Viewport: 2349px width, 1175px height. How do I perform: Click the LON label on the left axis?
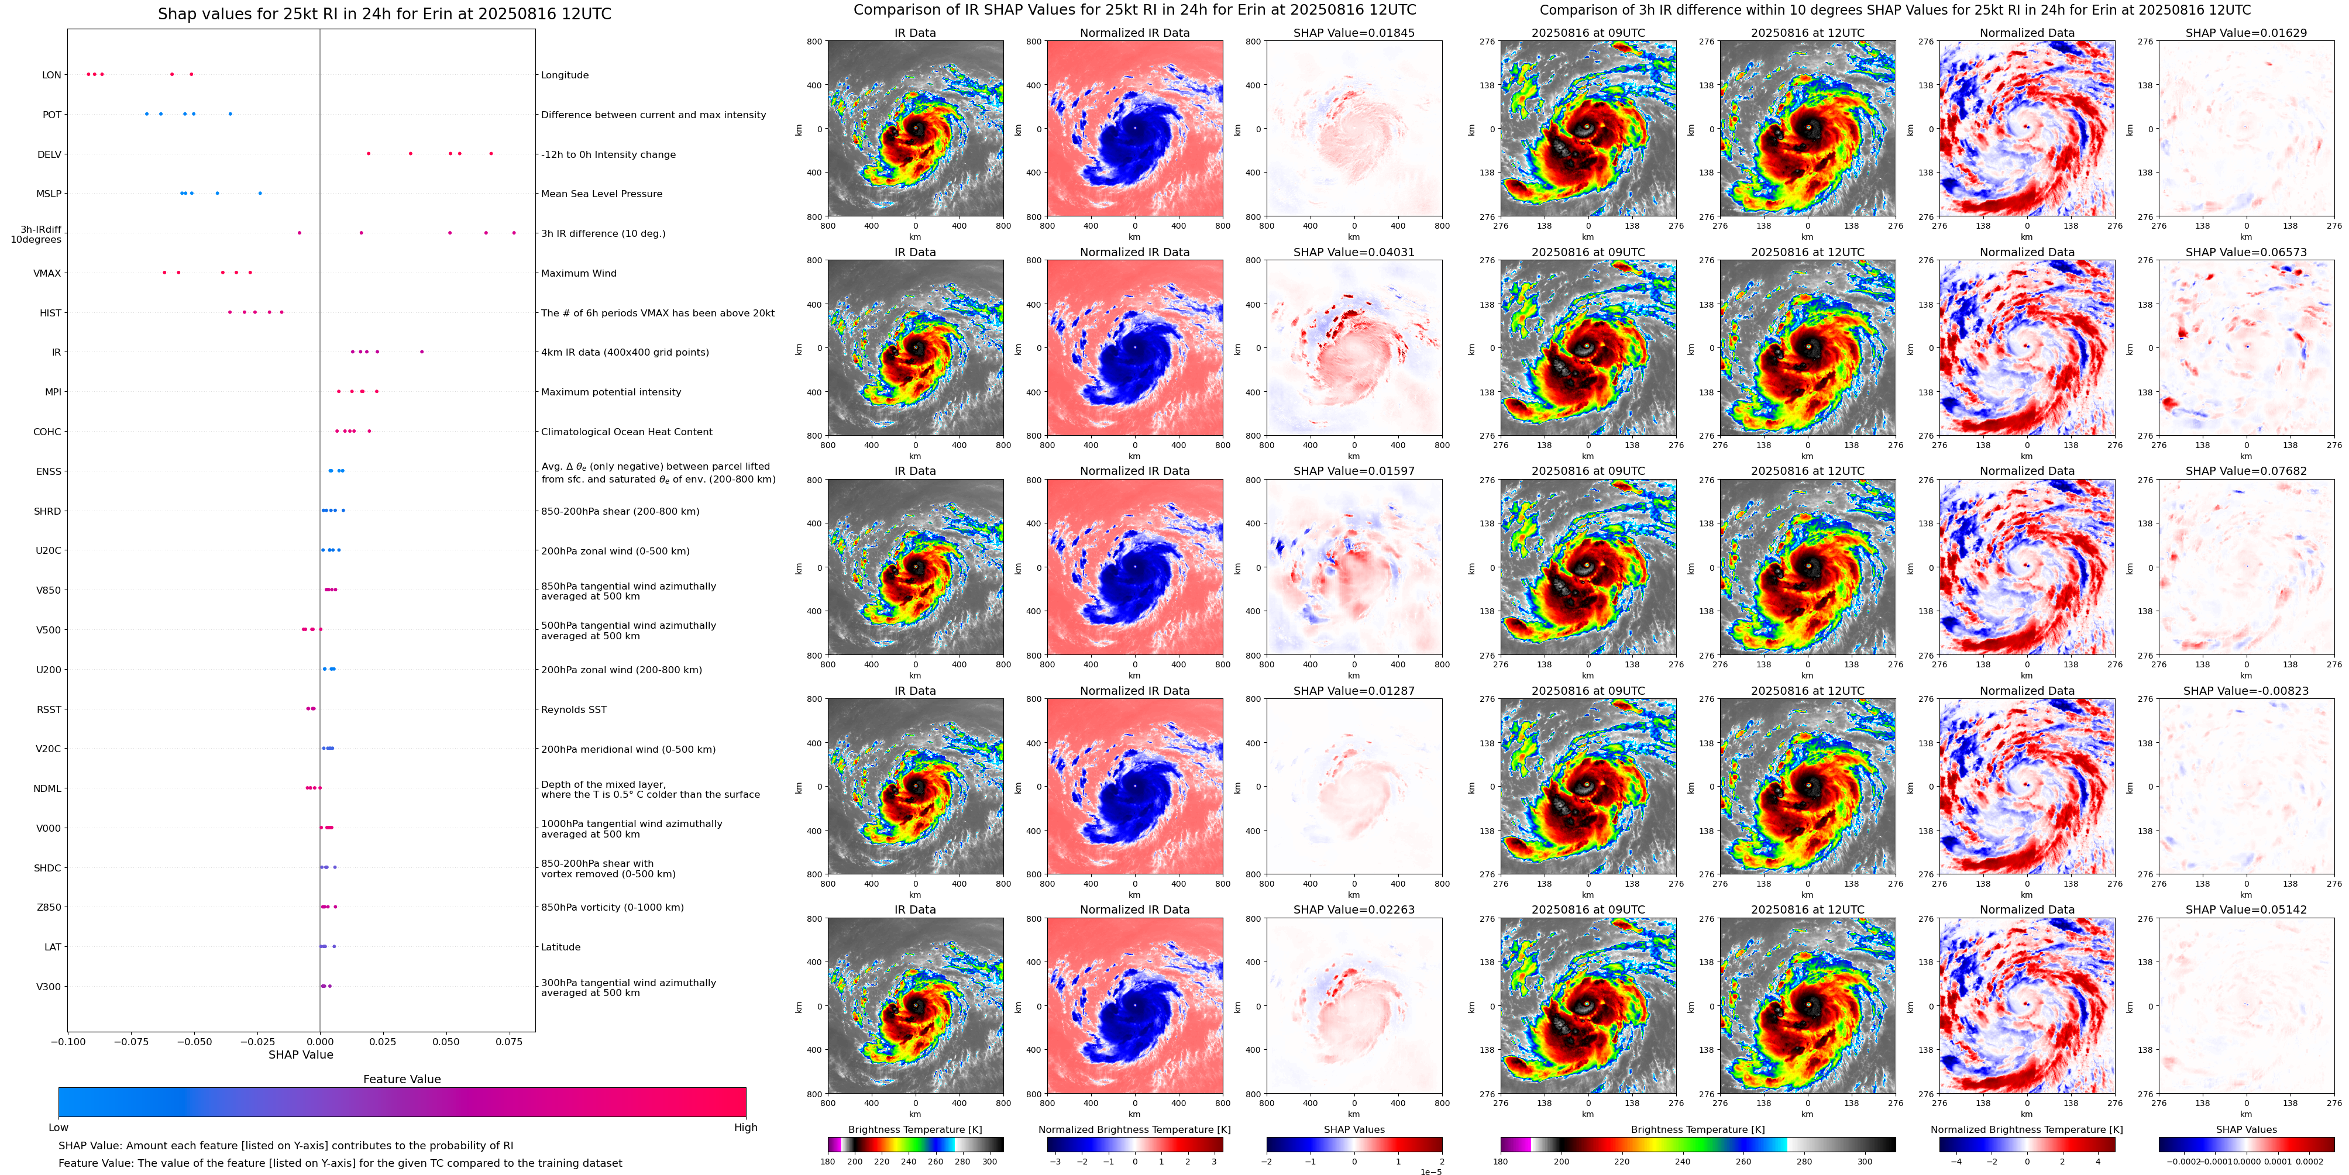tap(52, 75)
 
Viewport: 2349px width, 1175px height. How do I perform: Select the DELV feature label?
tap(49, 154)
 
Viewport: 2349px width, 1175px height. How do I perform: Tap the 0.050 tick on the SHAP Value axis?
tap(446, 1041)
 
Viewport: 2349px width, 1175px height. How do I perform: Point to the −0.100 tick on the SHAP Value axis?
tap(68, 1041)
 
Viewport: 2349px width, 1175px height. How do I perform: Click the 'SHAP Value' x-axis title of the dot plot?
tap(300, 1055)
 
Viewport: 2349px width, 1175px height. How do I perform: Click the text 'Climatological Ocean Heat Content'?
tap(627, 432)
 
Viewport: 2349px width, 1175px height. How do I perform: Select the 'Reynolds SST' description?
tap(573, 709)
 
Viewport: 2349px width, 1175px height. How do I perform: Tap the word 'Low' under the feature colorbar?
tap(59, 1128)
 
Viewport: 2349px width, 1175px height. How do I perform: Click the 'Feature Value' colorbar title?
tap(401, 1079)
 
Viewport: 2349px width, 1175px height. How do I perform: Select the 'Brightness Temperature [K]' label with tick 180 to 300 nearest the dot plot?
tap(914, 1129)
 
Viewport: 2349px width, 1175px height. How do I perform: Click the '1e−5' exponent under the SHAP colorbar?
tap(1430, 1171)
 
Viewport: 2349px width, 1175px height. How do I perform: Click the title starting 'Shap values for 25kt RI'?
tap(384, 13)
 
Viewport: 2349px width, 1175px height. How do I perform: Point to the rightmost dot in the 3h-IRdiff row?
tap(514, 232)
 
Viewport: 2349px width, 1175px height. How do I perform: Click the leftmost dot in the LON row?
tap(88, 74)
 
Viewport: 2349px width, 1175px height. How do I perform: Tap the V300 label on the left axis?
tap(49, 986)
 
